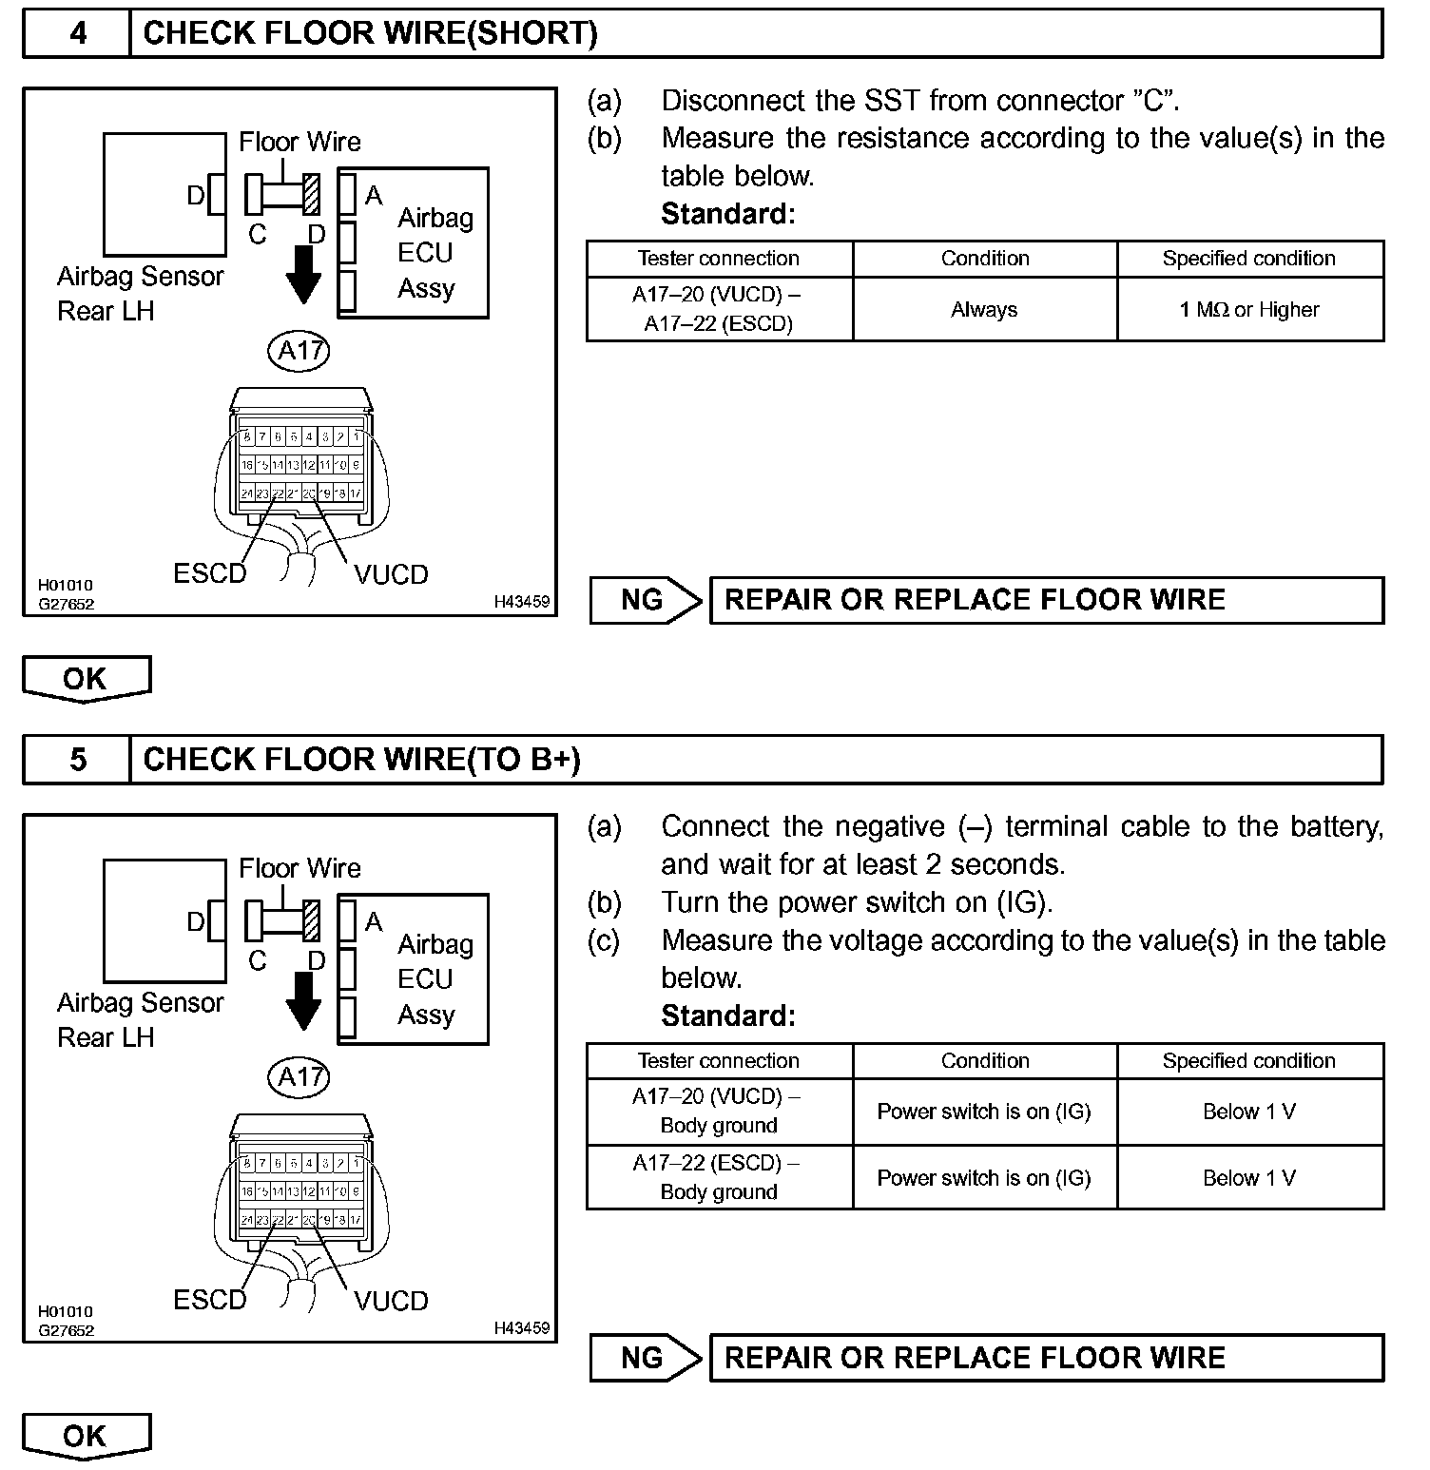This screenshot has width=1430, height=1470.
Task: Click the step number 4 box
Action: pyautogui.click(x=77, y=34)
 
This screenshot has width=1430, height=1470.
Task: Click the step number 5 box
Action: pyautogui.click(x=77, y=760)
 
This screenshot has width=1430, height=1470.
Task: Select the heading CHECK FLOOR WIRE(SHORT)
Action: pyautogui.click(x=371, y=34)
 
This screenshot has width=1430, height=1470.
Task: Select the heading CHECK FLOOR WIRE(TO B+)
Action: pyautogui.click(x=361, y=760)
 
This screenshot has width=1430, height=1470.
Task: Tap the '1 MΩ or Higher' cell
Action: pyautogui.click(x=1249, y=310)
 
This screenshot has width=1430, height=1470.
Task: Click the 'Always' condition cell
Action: pyautogui.click(x=984, y=310)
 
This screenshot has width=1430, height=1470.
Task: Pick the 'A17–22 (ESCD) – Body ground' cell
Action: pyautogui.click(x=719, y=1177)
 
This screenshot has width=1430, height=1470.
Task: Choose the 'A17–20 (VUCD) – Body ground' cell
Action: pyautogui.click(x=719, y=1111)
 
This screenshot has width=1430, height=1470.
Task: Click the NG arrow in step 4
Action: pyautogui.click(x=646, y=600)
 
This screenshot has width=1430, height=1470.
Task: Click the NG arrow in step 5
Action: pyautogui.click(x=646, y=1358)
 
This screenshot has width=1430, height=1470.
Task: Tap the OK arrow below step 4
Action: pyautogui.click(x=86, y=679)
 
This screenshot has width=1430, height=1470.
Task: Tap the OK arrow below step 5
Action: pyautogui.click(x=86, y=1436)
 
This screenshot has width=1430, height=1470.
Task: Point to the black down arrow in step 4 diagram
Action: pyautogui.click(x=303, y=274)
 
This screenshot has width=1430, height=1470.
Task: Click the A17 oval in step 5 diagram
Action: pyautogui.click(x=300, y=1076)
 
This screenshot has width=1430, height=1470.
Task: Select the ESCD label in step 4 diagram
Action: pyautogui.click(x=209, y=574)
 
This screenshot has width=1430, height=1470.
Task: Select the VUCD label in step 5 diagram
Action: pyautogui.click(x=391, y=1301)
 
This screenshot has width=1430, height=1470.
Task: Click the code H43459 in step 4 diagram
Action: pyautogui.click(x=521, y=602)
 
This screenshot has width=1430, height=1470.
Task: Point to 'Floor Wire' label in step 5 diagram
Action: pyautogui.click(x=300, y=868)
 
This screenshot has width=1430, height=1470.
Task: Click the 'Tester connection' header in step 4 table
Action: pyautogui.click(x=719, y=259)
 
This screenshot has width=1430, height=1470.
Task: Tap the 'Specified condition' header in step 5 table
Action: pyautogui.click(x=1249, y=1061)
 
